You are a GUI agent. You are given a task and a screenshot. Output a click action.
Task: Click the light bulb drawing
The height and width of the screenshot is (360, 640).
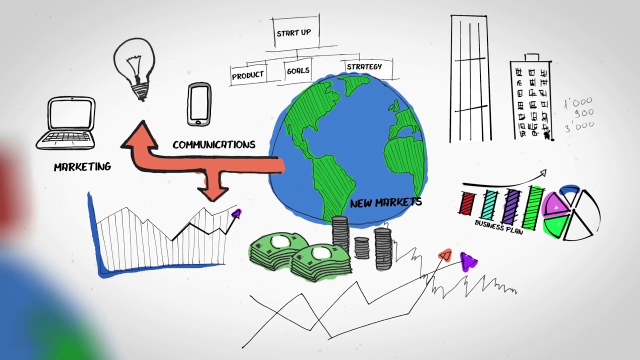point(134,68)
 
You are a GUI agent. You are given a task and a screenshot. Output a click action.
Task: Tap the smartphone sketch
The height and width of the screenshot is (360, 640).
point(199,104)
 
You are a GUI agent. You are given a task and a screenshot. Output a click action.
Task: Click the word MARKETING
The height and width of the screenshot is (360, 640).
point(82,166)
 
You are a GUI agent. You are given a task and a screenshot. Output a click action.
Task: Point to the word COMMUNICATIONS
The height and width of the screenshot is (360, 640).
point(213,144)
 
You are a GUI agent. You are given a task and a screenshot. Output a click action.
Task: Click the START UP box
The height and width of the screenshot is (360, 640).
point(295,32)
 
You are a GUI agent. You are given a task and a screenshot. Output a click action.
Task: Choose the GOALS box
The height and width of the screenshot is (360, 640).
point(298,70)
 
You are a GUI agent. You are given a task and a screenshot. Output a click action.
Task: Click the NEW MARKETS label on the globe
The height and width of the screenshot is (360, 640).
point(385,203)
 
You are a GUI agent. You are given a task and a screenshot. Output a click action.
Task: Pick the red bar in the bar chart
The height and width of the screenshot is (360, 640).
point(467,203)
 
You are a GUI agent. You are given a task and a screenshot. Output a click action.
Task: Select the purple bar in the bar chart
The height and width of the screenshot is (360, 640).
point(511,206)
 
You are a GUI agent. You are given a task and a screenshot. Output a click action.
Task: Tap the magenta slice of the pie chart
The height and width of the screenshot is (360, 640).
point(555,204)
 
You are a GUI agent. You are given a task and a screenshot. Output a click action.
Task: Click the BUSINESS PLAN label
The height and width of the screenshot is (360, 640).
point(499,227)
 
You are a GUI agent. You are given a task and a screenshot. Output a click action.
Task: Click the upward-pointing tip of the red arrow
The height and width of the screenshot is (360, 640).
point(142,121)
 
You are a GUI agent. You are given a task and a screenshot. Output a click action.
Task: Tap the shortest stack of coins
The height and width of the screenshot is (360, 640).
point(361,248)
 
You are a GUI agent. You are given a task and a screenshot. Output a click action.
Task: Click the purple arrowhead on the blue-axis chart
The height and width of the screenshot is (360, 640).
point(236,213)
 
